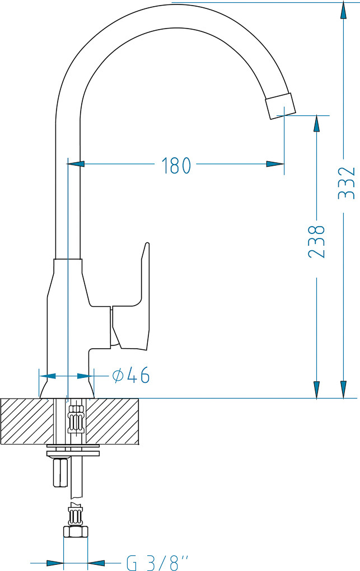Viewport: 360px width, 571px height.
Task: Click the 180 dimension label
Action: pyautogui.click(x=176, y=165)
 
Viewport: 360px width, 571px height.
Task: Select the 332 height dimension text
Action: pyautogui.click(x=346, y=183)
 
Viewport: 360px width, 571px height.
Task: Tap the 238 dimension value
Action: pyautogui.click(x=316, y=241)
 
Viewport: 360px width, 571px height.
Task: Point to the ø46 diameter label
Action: pyautogui.click(x=131, y=375)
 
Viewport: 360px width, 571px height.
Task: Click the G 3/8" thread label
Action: pyautogui.click(x=158, y=563)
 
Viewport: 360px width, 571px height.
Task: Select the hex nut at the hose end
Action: pyautogui.click(x=76, y=532)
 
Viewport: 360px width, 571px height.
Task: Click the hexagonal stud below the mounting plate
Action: pyautogui.click(x=60, y=472)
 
